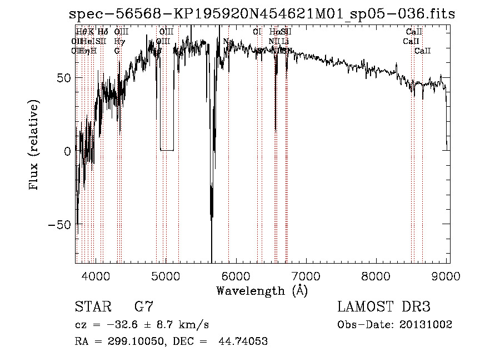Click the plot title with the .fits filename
(x=264, y=13)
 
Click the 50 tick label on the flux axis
(x=63, y=77)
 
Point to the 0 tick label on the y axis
(x=67, y=151)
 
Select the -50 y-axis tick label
(x=59, y=224)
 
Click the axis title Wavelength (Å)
(x=262, y=290)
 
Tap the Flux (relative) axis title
(x=34, y=146)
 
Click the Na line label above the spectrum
(x=228, y=42)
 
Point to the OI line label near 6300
(x=257, y=32)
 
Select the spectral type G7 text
(x=143, y=307)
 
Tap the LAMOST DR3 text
(x=383, y=307)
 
